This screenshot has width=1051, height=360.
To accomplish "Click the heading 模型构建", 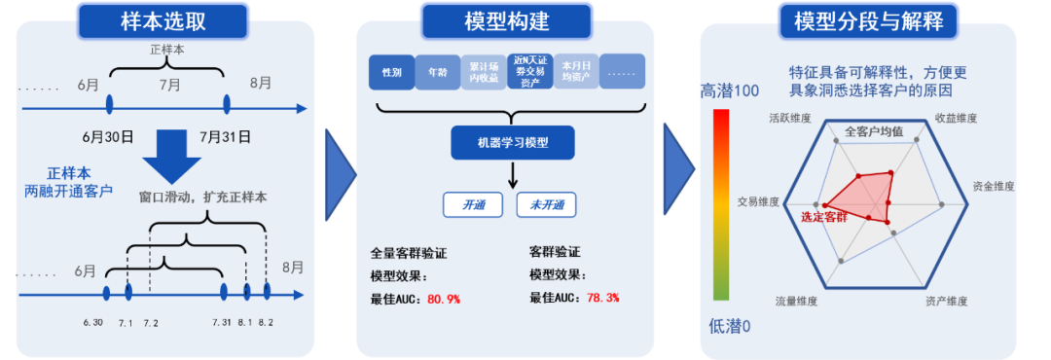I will click(506, 19).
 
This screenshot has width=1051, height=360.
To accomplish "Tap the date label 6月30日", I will click(107, 136).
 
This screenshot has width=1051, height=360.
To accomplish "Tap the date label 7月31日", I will click(225, 136).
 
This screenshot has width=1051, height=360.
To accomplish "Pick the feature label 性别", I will click(392, 72).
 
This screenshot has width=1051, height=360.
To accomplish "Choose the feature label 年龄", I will click(438, 72).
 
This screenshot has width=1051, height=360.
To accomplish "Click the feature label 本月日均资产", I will click(577, 72).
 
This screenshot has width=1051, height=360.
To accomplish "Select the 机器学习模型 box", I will click(512, 143).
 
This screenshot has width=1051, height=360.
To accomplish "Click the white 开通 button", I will click(474, 205).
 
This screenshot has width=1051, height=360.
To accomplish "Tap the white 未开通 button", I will click(546, 205).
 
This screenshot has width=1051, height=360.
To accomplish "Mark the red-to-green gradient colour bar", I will click(720, 203).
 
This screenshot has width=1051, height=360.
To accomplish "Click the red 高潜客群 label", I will click(824, 216).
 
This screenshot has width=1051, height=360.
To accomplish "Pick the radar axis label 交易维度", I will click(758, 202).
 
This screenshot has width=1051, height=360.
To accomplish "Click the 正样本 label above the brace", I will click(166, 49).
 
